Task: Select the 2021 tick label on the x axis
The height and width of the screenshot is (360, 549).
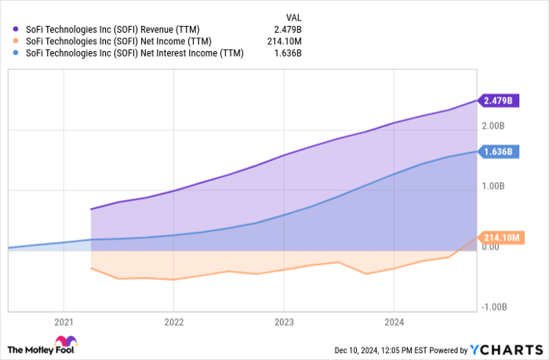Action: click(64, 321)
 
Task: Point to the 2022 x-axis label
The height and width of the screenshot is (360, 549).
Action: click(173, 321)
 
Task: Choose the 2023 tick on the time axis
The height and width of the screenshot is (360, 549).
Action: click(284, 321)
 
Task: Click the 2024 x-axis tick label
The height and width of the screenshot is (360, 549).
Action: click(394, 321)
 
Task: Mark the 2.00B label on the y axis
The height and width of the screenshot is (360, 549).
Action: click(492, 126)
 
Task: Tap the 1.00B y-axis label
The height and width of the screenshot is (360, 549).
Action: click(492, 187)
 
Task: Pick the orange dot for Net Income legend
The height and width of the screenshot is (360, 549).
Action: click(16, 40)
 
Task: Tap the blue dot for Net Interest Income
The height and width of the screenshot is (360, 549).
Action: click(16, 53)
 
